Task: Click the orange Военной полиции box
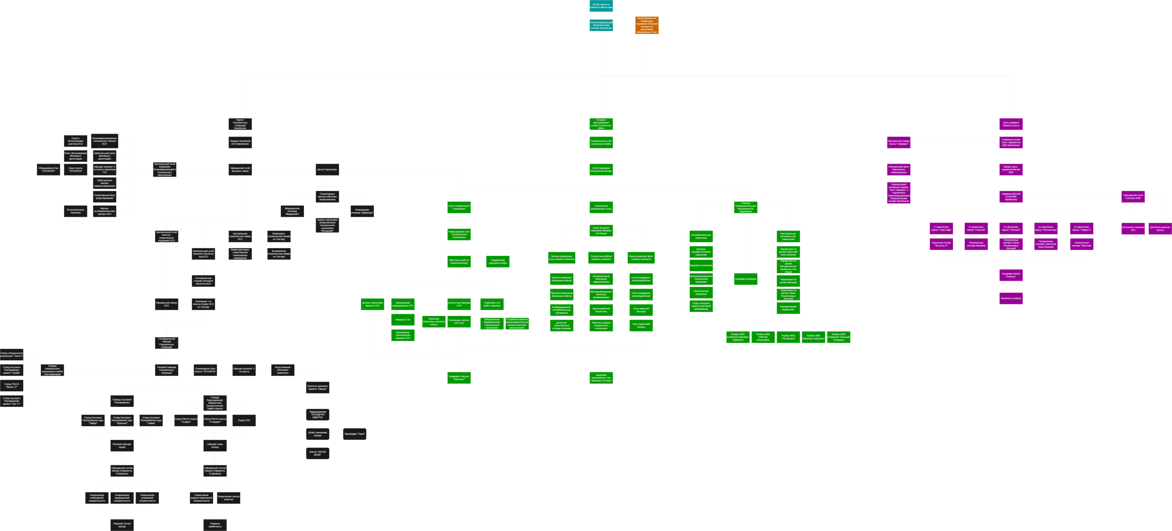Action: click(x=646, y=26)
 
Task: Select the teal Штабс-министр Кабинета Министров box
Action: click(x=601, y=6)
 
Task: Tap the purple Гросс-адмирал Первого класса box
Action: click(x=1011, y=124)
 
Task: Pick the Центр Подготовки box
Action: click(x=327, y=170)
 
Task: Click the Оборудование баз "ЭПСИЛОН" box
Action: click(x=49, y=170)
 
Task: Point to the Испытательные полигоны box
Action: click(x=75, y=211)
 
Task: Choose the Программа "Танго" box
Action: click(x=355, y=433)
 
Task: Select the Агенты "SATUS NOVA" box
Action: click(x=318, y=453)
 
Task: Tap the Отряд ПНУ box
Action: click(x=244, y=420)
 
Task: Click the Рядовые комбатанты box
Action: click(x=215, y=525)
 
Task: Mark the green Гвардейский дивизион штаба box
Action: click(x=498, y=262)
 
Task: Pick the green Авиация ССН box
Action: click(x=403, y=319)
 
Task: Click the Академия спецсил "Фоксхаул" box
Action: click(x=459, y=378)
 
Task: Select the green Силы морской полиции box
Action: click(x=641, y=310)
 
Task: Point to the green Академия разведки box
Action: click(x=745, y=279)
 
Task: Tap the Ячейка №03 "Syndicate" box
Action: click(x=788, y=337)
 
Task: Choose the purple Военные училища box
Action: click(x=1011, y=298)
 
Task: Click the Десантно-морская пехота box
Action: click(x=1160, y=228)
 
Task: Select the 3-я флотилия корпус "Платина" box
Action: click(x=1011, y=228)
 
